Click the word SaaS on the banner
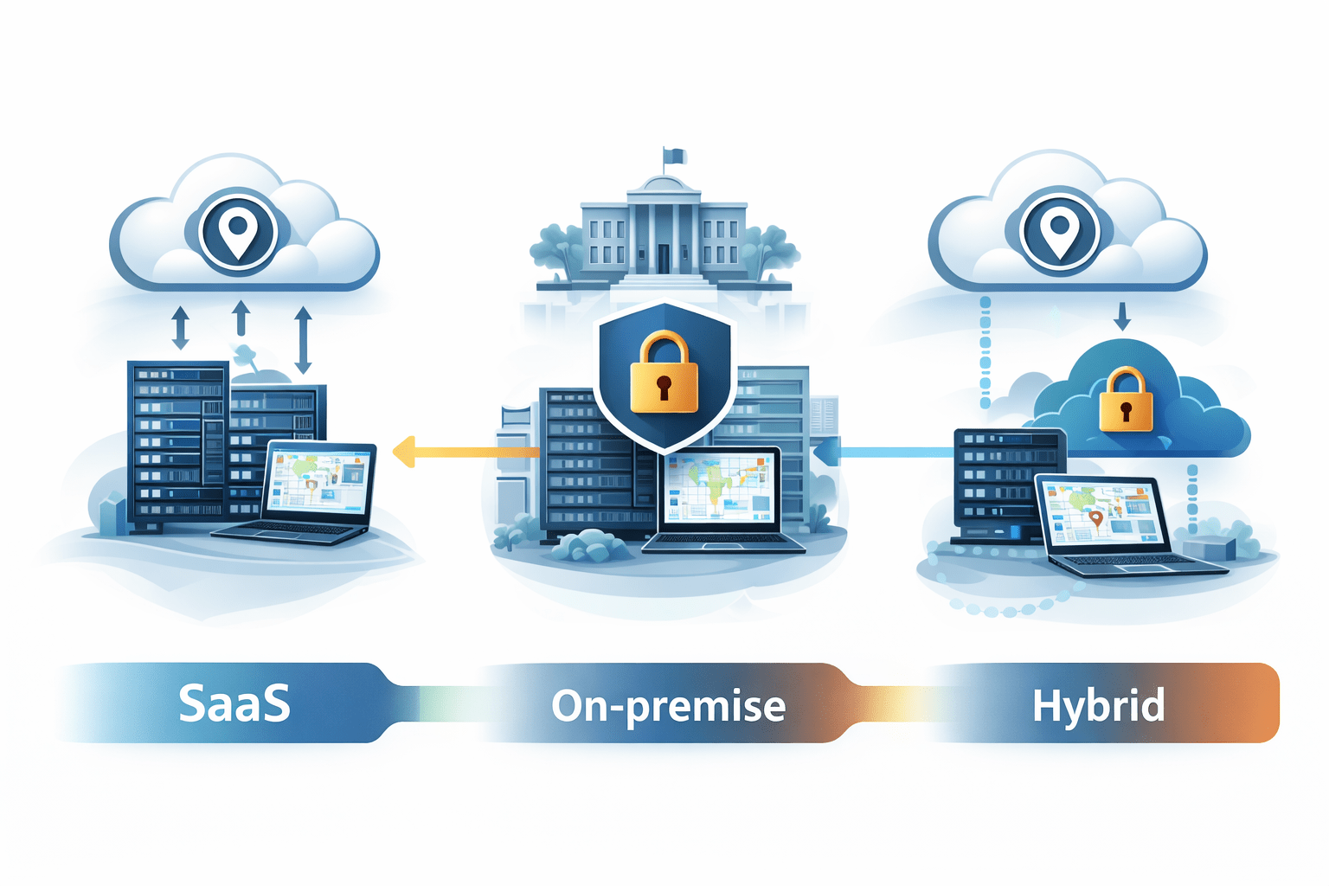[x=234, y=703]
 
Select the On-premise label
[x=668, y=706]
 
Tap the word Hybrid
[x=1098, y=705]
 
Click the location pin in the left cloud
[x=237, y=233]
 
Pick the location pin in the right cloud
[x=1058, y=231]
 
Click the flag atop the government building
[x=675, y=156]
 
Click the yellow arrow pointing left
[x=463, y=452]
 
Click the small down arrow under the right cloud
[x=1122, y=317]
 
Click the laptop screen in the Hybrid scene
[x=1101, y=516]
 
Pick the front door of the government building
[x=664, y=258]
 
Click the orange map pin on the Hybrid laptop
[x=1096, y=518]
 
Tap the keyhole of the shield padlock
[x=664, y=387]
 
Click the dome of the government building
[x=663, y=184]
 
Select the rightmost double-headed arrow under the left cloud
[x=303, y=340]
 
